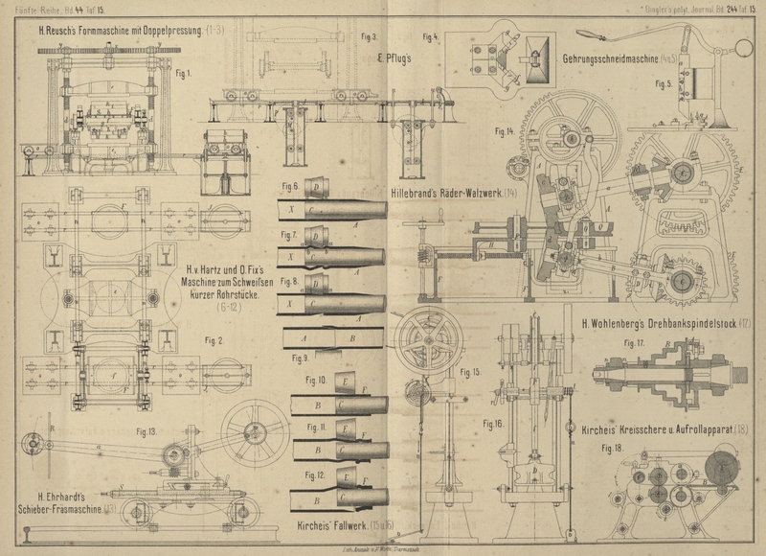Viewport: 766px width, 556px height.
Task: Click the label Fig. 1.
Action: click(182, 74)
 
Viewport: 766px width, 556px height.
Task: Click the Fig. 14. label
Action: click(506, 129)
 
